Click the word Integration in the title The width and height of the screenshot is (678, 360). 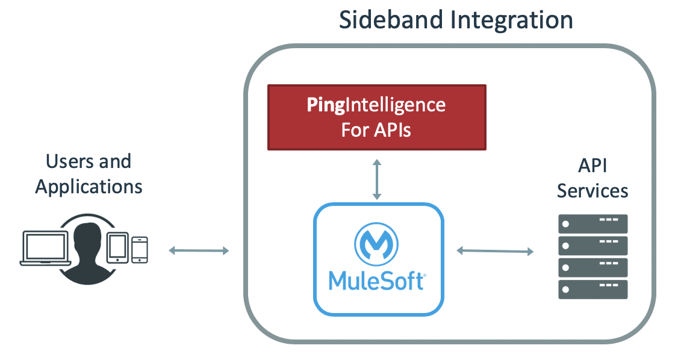pyautogui.click(x=512, y=20)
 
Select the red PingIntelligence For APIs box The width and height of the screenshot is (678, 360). pyautogui.click(x=377, y=117)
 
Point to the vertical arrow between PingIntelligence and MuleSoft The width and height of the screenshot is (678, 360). pyautogui.click(x=377, y=179)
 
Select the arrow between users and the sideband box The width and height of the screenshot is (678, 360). pyautogui.click(x=199, y=250)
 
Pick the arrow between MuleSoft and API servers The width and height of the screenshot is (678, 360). pyautogui.click(x=495, y=250)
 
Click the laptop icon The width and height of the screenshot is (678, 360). pyautogui.click(x=45, y=249)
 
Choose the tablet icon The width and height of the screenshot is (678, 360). pyautogui.click(x=117, y=247)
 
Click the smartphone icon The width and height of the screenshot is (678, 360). pyautogui.click(x=140, y=249)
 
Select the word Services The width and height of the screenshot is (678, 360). pyautogui.click(x=592, y=191)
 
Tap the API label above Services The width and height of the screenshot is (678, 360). pyautogui.click(x=593, y=166)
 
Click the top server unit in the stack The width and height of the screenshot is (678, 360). pyautogui.click(x=593, y=224)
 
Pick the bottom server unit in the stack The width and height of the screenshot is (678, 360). pyautogui.click(x=593, y=290)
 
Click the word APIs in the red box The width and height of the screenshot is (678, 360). pyautogui.click(x=393, y=130)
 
